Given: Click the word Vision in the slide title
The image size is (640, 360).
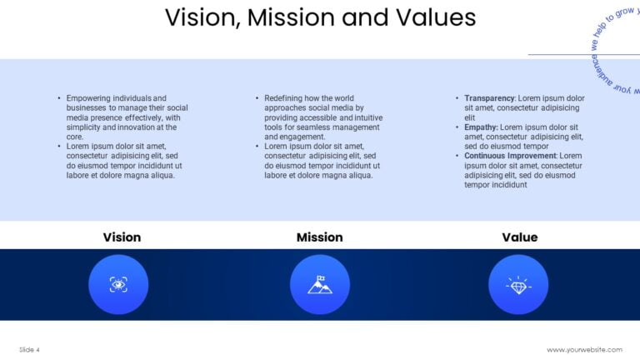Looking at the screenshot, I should point(197,17).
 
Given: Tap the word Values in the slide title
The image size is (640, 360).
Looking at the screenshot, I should point(437,17).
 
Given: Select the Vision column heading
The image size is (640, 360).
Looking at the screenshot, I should point(122,237).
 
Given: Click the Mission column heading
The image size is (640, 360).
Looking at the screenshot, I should point(319,237).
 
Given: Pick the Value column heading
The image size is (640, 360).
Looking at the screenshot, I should point(519,237).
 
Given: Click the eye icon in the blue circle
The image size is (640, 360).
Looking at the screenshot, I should point(118,284).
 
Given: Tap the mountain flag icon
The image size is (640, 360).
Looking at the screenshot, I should point(319,284).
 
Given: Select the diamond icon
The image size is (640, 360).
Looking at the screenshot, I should point(518,284).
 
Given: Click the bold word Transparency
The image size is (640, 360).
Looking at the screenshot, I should point(490,97).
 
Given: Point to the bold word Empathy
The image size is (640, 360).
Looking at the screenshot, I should point(480,127).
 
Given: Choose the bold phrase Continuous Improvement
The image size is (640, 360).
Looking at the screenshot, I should point(510,156).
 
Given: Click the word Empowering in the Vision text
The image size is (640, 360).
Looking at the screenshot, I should point(89,97).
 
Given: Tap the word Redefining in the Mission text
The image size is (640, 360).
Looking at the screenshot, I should point(286,97).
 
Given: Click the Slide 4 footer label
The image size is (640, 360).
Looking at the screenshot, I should point(29,349).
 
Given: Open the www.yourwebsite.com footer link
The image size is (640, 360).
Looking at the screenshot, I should point(584,349).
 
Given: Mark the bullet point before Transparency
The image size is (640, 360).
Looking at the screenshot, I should point(457,97).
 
